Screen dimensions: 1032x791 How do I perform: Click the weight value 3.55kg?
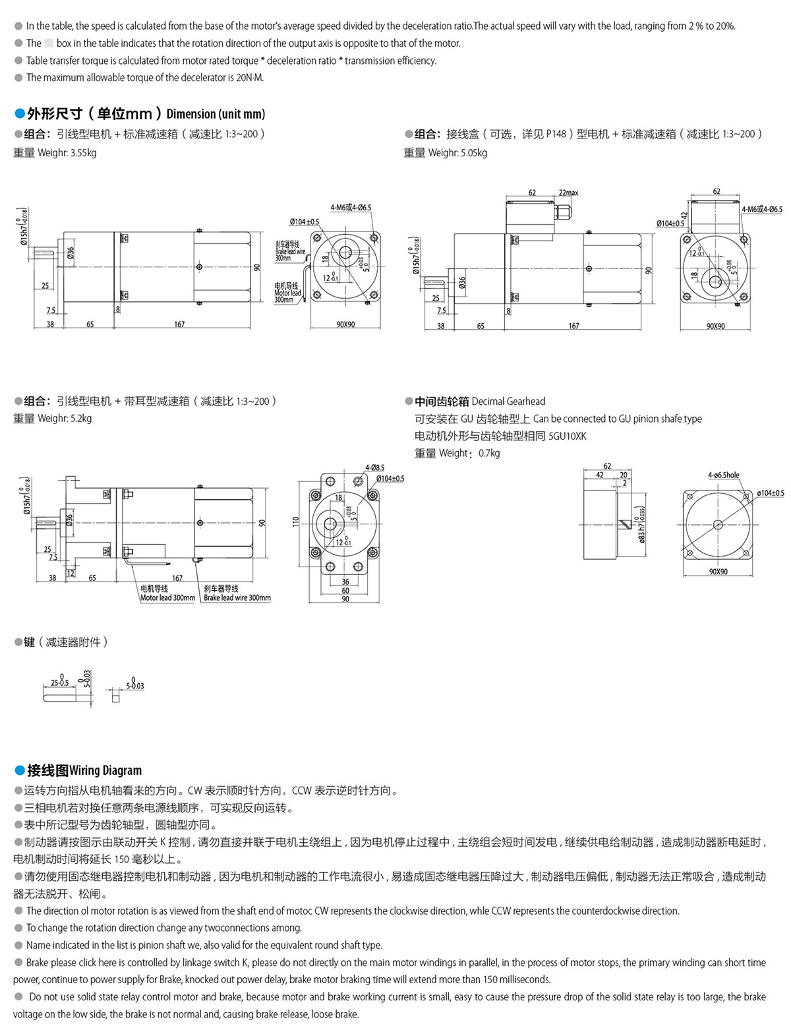point(83,153)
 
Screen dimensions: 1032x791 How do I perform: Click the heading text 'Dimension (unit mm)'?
point(216,113)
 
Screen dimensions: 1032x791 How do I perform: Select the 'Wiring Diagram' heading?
point(105,770)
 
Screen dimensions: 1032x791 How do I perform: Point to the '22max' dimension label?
point(568,193)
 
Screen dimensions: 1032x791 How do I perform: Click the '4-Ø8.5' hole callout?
point(374,468)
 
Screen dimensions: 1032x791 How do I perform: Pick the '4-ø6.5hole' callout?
point(723,475)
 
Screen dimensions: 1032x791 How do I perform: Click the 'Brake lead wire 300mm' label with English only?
point(237,598)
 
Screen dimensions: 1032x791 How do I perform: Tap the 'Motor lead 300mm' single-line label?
point(167,598)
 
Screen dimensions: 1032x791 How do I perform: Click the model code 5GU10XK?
point(567,436)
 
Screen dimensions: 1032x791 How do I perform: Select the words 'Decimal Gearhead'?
point(508,401)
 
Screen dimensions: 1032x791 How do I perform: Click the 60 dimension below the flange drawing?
point(345,591)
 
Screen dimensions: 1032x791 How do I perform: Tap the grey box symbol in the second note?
point(49,44)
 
